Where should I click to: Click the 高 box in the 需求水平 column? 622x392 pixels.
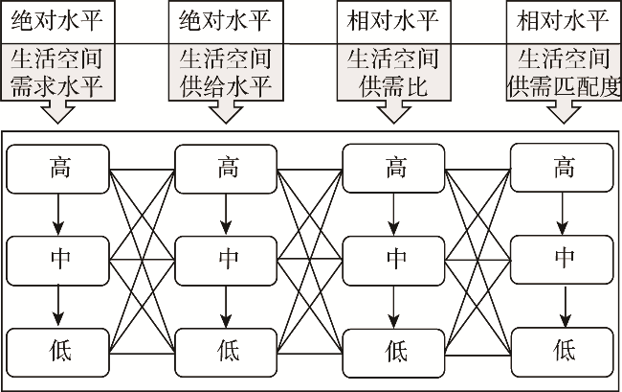(x=59, y=170)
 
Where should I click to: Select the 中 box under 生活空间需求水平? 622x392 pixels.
(x=59, y=258)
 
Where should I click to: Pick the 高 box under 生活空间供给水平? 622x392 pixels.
(x=227, y=170)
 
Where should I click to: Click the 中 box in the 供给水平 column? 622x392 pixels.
(x=227, y=258)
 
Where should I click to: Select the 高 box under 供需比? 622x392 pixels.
(x=395, y=170)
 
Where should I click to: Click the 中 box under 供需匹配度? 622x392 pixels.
(x=564, y=258)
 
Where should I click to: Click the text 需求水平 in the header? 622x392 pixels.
(x=59, y=87)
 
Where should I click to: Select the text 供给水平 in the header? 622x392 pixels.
(x=227, y=87)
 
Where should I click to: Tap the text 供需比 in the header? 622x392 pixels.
(x=395, y=87)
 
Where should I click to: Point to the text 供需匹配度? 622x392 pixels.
(x=562, y=87)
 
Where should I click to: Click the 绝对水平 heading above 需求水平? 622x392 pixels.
(x=59, y=19)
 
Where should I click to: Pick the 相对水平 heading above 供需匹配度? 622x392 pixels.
(x=562, y=19)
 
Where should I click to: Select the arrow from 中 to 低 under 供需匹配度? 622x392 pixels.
(x=564, y=303)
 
